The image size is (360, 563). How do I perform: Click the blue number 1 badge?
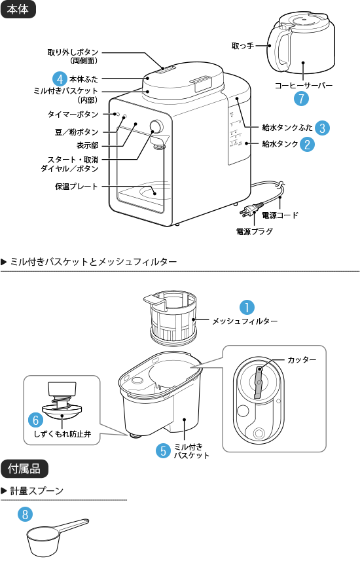tap(246, 307)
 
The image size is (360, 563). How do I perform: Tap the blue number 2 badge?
tap(307, 144)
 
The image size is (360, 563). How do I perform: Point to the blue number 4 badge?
tap(60, 79)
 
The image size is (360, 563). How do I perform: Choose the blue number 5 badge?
tap(163, 450)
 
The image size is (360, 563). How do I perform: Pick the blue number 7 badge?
tap(300, 99)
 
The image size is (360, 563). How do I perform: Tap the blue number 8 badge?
tap(25, 515)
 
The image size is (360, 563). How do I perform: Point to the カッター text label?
tap(302, 360)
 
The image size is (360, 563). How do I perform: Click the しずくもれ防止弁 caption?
tap(62, 433)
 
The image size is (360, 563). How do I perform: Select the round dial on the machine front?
tap(156, 127)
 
